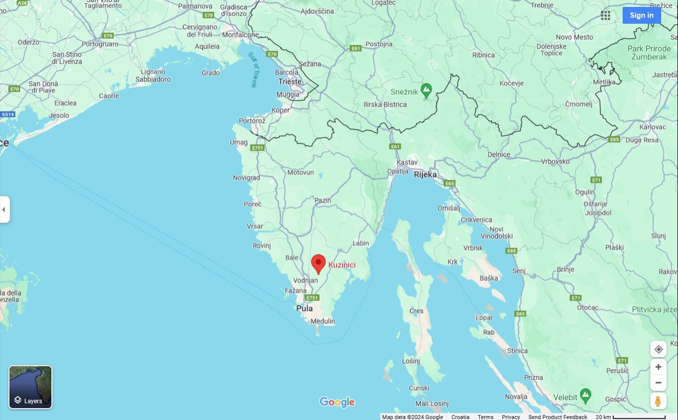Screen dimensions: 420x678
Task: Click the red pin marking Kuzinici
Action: [319, 263]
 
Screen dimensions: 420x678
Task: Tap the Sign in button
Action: [641, 15]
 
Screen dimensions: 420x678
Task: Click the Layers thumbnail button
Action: [31, 387]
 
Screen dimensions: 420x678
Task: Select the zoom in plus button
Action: [658, 367]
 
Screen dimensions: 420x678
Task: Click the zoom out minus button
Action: [658, 383]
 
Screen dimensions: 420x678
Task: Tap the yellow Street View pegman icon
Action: [658, 401]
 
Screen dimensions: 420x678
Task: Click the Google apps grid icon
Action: [606, 15]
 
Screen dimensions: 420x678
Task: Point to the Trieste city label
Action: [290, 81]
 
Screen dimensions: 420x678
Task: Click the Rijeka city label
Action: [425, 175]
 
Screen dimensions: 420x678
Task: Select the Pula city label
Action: [305, 309]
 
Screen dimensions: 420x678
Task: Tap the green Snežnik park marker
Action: [427, 89]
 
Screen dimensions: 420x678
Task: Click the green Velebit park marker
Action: [586, 393]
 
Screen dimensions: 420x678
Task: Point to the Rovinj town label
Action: [262, 246]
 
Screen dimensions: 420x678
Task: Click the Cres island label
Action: [416, 311]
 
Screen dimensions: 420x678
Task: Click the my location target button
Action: [658, 349]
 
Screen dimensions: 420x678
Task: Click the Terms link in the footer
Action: [485, 417]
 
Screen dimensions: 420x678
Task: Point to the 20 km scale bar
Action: [639, 417]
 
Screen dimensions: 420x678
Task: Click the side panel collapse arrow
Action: [4, 209]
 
